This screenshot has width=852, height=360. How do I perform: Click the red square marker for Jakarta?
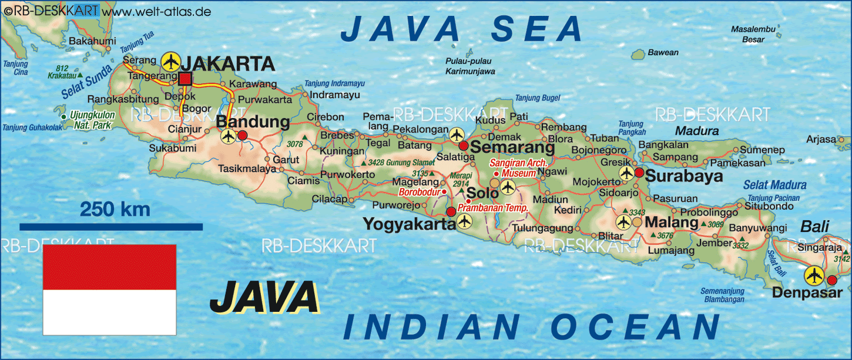[185, 79]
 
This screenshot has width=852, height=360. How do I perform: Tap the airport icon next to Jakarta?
[170, 61]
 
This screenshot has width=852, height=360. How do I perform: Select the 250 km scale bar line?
[111, 226]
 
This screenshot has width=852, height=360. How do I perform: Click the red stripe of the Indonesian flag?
[109, 267]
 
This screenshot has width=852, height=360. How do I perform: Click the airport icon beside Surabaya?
[626, 174]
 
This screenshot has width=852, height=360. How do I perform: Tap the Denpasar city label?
[807, 292]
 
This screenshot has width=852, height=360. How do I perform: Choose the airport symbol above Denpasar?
[814, 275]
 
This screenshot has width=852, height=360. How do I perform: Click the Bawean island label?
[663, 53]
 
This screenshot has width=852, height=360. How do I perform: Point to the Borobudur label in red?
[419, 192]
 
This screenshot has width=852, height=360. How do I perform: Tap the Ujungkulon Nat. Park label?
[91, 120]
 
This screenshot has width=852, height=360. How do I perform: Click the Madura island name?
[697, 131]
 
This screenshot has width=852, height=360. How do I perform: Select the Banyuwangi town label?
[757, 228]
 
